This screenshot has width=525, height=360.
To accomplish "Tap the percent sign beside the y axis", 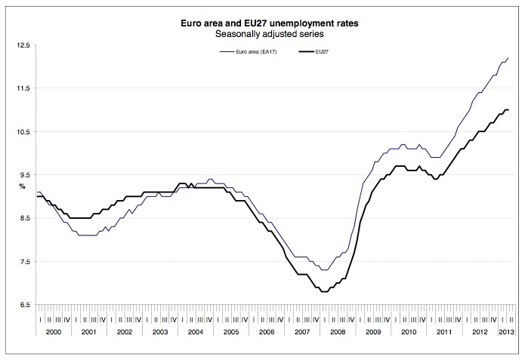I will [x=22, y=186].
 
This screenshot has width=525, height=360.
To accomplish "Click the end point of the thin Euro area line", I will [x=508, y=58].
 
